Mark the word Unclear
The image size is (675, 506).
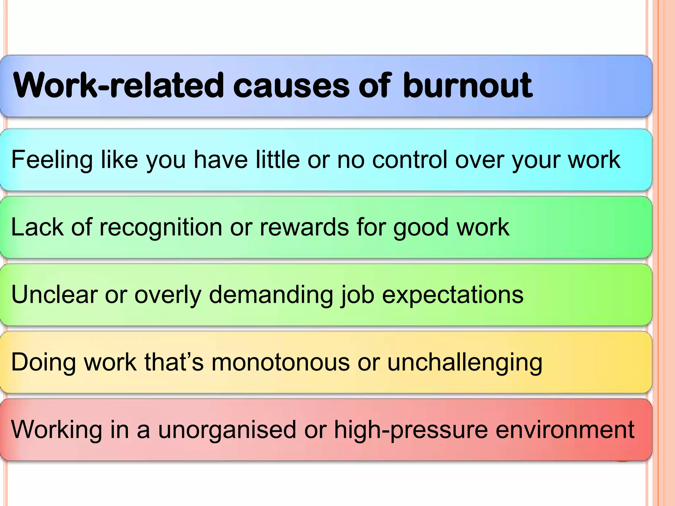point(54,295)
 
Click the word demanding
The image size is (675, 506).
point(271,295)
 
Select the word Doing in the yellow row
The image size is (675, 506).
point(44,363)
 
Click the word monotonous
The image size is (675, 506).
point(280,362)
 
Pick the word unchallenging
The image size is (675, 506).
point(464,363)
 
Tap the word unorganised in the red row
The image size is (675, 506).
point(227,430)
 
